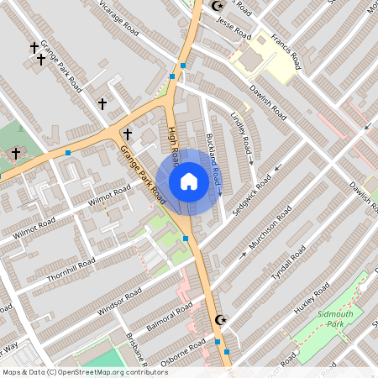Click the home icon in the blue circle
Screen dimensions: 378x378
(x=189, y=181)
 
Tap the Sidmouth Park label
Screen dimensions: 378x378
(x=323, y=318)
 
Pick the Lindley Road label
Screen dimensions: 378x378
(x=240, y=130)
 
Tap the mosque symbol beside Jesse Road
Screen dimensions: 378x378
(x=217, y=6)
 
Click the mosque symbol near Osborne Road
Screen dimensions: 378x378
(x=222, y=319)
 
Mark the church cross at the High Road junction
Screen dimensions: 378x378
(x=128, y=134)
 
